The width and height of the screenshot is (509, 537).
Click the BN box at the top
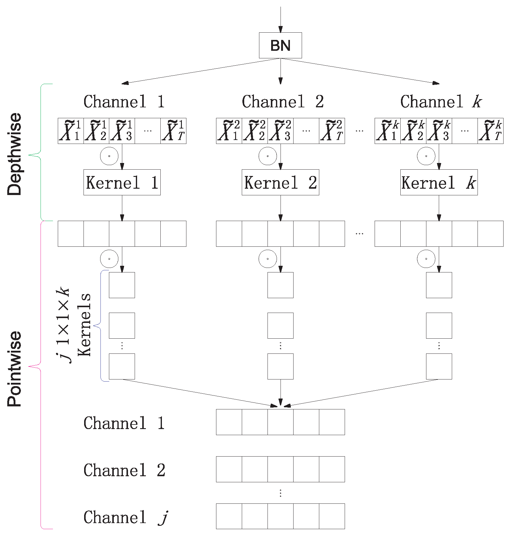coord(280,45)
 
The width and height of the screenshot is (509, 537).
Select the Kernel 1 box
coord(122,182)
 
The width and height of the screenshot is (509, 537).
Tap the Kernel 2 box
coord(280,182)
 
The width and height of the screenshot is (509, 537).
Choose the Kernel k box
coord(439,182)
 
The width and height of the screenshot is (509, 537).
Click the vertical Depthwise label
coord(15,154)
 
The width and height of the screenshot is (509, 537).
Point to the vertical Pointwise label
coord(15,369)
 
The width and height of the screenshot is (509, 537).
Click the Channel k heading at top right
coord(441,102)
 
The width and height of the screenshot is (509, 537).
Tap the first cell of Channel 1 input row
coord(71,131)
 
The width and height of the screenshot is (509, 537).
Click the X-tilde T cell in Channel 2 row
coord(332,131)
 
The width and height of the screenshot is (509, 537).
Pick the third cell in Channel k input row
coord(439,131)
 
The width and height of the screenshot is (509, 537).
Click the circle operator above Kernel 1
coord(109,156)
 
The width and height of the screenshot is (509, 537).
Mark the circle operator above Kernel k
coord(426,156)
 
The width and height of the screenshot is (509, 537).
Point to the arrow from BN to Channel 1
coord(200,71)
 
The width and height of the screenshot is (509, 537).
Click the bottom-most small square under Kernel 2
coord(280,366)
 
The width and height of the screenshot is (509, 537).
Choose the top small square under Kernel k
coord(439,285)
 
